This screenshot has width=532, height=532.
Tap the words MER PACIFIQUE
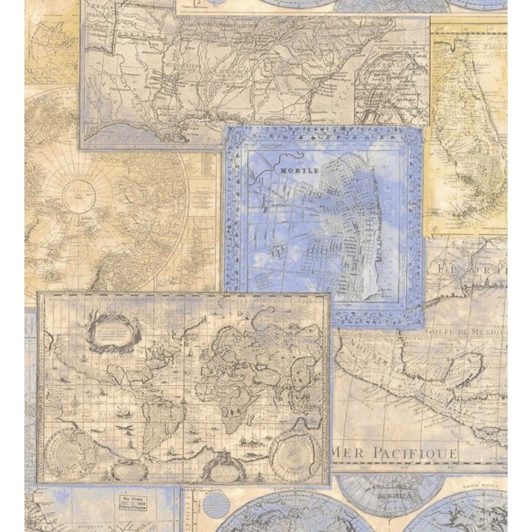coord(393,451)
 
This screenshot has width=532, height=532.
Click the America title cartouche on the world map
coord(112,330)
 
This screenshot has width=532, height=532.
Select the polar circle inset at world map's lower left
coord(72,453)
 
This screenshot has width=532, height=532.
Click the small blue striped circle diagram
coord(215,503)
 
